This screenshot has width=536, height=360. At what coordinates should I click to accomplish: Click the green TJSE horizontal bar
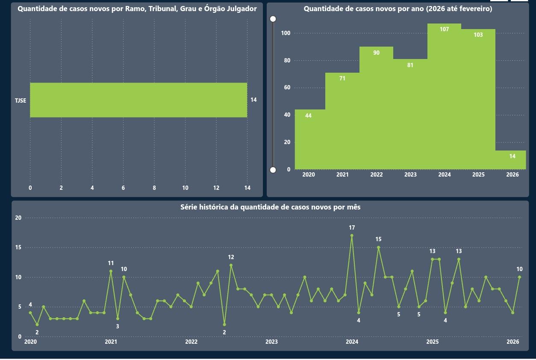tap(138, 100)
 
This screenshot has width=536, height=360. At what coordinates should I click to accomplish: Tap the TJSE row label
tap(21, 100)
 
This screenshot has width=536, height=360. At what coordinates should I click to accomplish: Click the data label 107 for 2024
tap(444, 30)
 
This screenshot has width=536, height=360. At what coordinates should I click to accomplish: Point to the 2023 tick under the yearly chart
tap(410, 175)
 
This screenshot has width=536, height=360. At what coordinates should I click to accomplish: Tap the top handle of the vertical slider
tap(273, 19)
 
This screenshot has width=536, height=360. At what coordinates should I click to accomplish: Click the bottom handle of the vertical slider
tap(273, 170)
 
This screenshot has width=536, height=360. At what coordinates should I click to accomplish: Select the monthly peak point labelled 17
tap(352, 236)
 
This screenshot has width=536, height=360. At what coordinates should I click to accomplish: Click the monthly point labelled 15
tap(378, 248)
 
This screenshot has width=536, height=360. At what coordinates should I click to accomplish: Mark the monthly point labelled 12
tap(231, 265)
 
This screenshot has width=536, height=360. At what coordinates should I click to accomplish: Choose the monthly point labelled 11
tap(111, 271)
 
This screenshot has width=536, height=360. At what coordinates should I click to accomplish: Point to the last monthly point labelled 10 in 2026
tap(519, 277)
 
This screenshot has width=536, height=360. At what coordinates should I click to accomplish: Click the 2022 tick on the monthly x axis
tap(191, 342)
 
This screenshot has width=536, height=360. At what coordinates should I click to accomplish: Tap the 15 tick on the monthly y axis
tap(18, 248)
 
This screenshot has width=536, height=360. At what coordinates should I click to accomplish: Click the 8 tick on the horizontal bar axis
tap(154, 188)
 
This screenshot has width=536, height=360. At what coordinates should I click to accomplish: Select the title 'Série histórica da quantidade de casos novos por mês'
tap(270, 207)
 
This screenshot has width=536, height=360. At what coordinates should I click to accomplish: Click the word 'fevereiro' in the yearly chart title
tap(474, 9)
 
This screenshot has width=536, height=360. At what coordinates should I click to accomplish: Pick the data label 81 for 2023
tap(410, 65)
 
